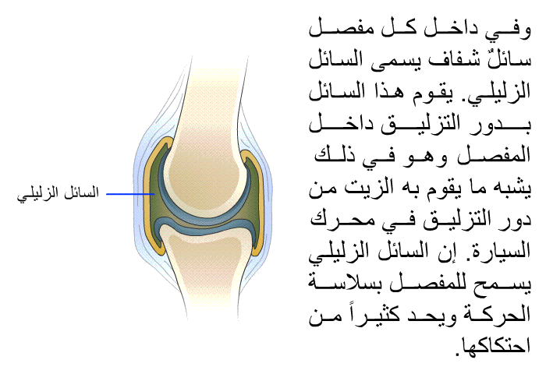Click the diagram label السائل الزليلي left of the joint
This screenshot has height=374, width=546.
58,194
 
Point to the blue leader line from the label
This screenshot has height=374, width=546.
130,194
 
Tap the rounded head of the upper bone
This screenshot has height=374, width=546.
204,174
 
